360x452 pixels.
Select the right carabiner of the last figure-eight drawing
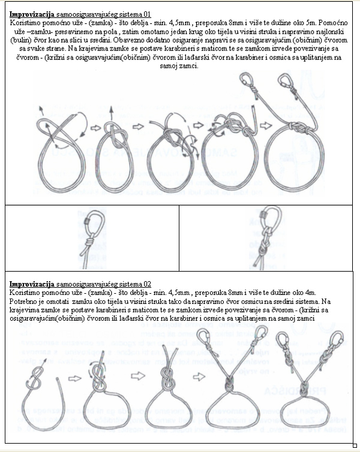(x=337, y=339)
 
